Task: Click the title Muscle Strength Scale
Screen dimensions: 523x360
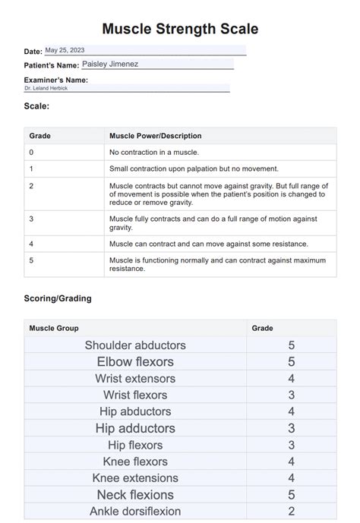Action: click(x=180, y=29)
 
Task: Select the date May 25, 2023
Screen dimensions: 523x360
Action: click(x=65, y=50)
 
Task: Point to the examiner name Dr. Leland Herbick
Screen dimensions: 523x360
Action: click(x=46, y=88)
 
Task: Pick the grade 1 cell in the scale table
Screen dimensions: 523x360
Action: click(x=31, y=169)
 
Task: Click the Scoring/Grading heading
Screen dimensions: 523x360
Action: click(x=58, y=298)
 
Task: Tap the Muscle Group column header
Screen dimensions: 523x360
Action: click(x=53, y=328)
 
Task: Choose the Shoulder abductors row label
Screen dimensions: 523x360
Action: click(x=135, y=345)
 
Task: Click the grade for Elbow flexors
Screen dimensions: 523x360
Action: click(x=292, y=362)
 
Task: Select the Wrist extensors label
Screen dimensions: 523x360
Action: click(x=135, y=379)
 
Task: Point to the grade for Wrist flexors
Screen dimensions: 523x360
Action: click(x=292, y=395)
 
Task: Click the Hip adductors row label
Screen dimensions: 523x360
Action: click(x=135, y=428)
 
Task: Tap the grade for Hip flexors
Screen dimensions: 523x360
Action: click(x=292, y=445)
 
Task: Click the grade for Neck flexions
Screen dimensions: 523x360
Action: click(x=292, y=495)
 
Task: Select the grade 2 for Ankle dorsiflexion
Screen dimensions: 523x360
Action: click(x=292, y=512)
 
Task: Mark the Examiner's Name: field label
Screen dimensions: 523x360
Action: click(x=55, y=80)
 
